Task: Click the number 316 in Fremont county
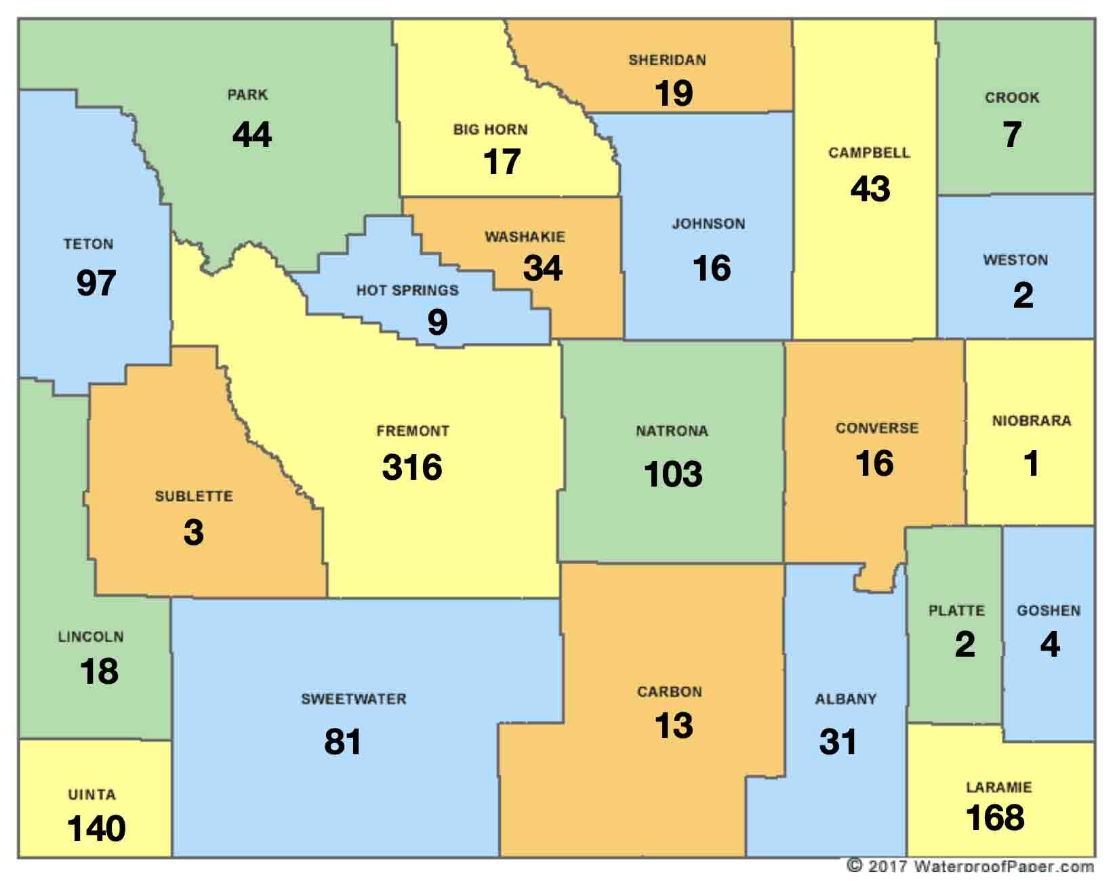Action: (412, 467)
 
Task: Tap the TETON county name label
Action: (89, 244)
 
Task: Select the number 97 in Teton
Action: (96, 283)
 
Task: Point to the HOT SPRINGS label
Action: (407, 291)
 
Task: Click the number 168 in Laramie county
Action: (995, 817)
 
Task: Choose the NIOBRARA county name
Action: (1032, 421)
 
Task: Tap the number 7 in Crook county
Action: (1012, 134)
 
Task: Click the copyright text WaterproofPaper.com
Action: (971, 866)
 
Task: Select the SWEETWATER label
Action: (354, 699)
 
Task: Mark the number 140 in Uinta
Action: (96, 829)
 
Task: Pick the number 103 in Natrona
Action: (673, 474)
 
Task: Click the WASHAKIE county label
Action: (525, 237)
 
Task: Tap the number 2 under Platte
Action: (964, 644)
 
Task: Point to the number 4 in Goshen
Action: (1050, 644)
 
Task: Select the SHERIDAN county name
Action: (667, 60)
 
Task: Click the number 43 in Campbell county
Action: (870, 188)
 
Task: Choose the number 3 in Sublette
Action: (194, 532)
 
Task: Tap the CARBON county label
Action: (669, 692)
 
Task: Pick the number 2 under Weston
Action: (1023, 295)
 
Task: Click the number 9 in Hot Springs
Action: (437, 322)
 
